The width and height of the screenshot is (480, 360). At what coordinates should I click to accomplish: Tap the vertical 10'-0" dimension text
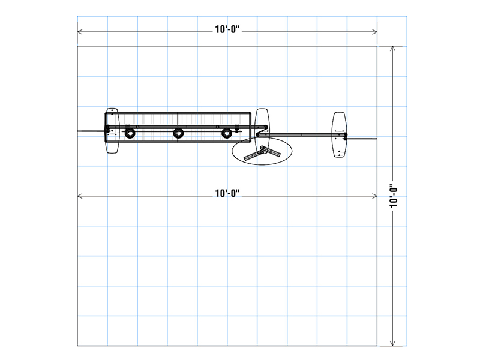point(393,196)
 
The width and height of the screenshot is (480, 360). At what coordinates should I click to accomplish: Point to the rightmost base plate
point(340,135)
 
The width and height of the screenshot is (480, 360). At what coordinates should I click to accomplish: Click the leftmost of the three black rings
point(129,133)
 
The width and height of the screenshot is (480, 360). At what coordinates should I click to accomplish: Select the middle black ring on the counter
point(178,133)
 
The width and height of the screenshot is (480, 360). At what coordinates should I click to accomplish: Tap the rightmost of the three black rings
point(226,133)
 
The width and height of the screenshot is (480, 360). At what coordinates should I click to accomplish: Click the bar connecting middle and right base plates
point(300,135)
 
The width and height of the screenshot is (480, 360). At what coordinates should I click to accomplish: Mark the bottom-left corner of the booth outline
point(77,346)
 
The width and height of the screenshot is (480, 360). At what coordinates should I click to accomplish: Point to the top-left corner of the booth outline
point(77,46)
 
